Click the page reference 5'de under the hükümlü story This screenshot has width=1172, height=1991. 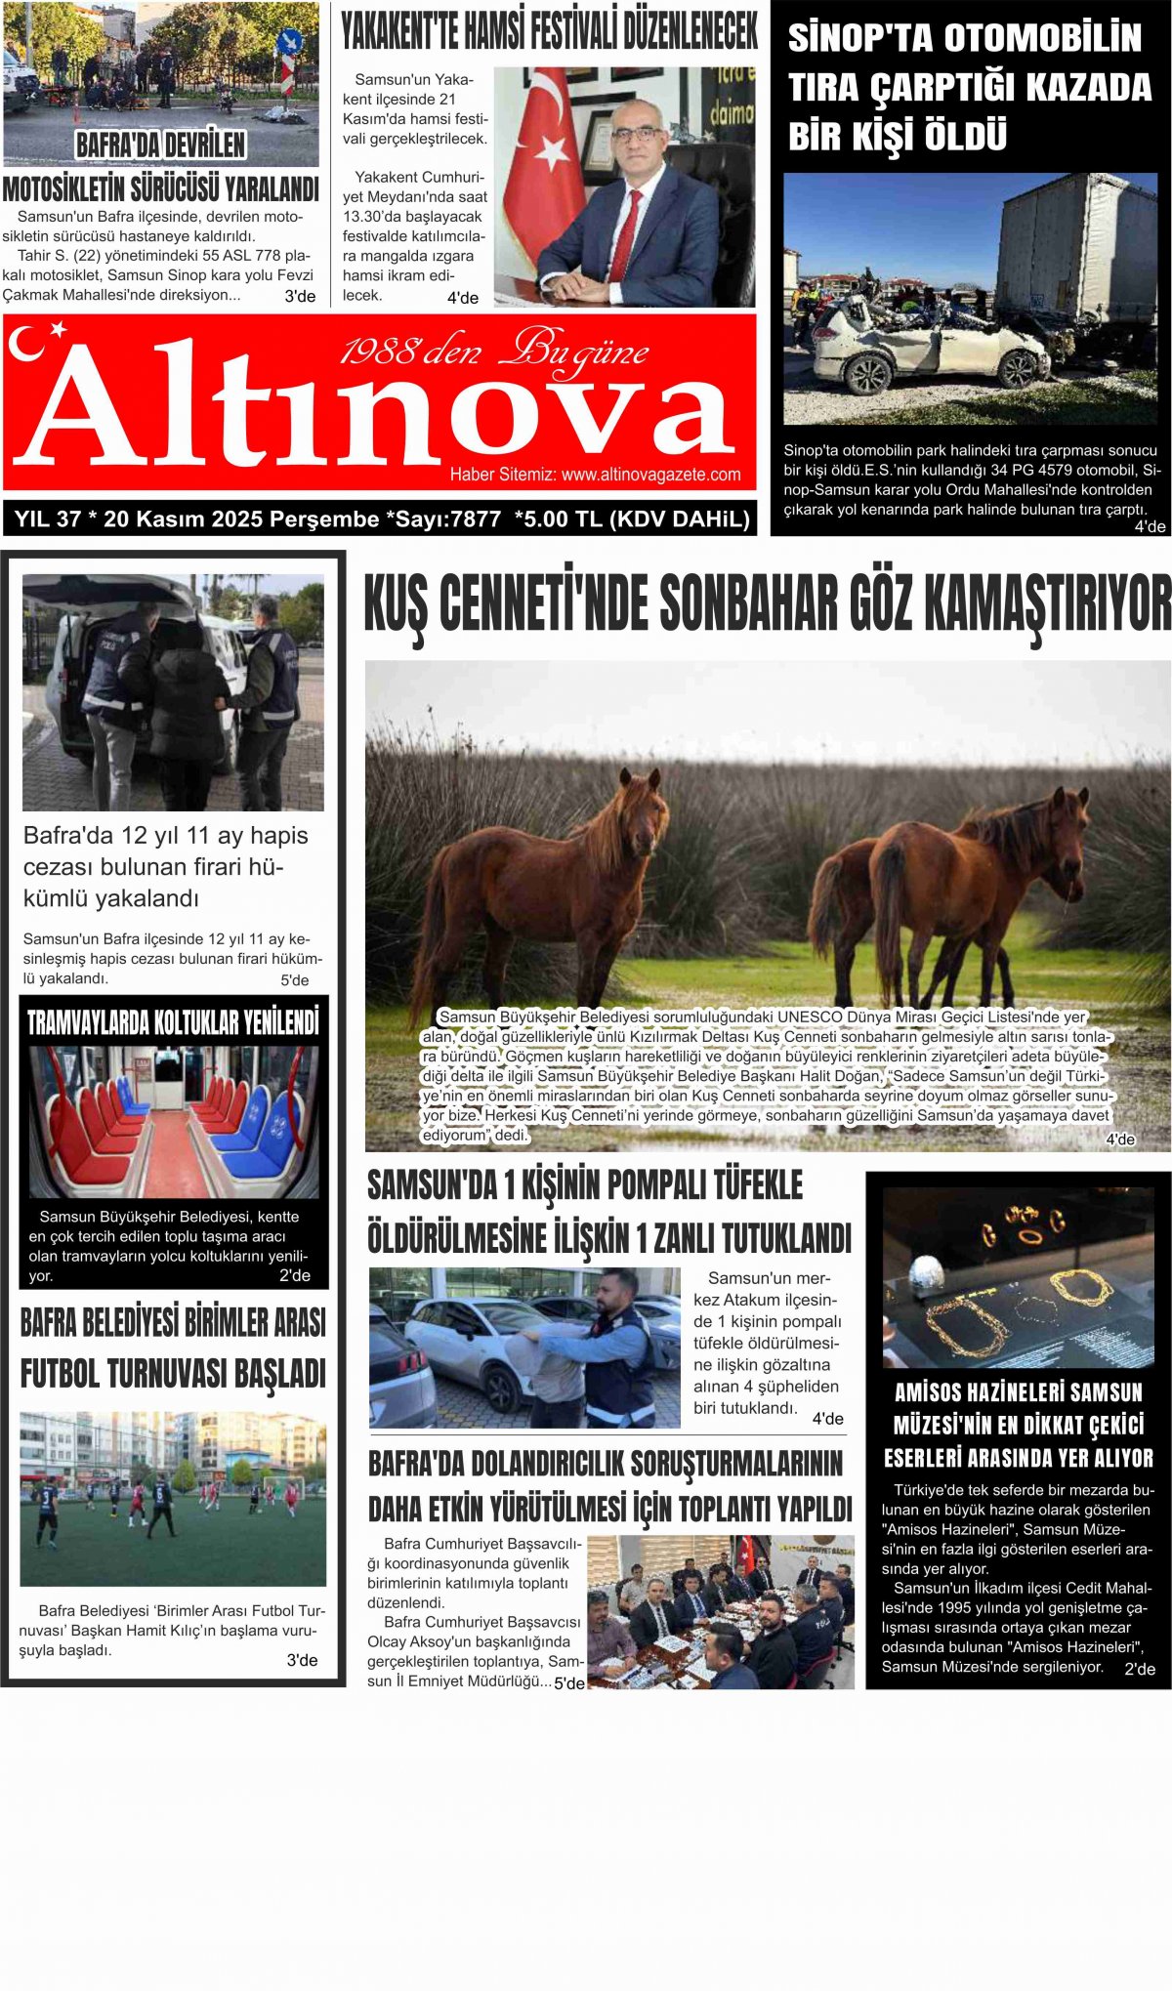[294, 980]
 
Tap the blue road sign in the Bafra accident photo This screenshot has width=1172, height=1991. [289, 41]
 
